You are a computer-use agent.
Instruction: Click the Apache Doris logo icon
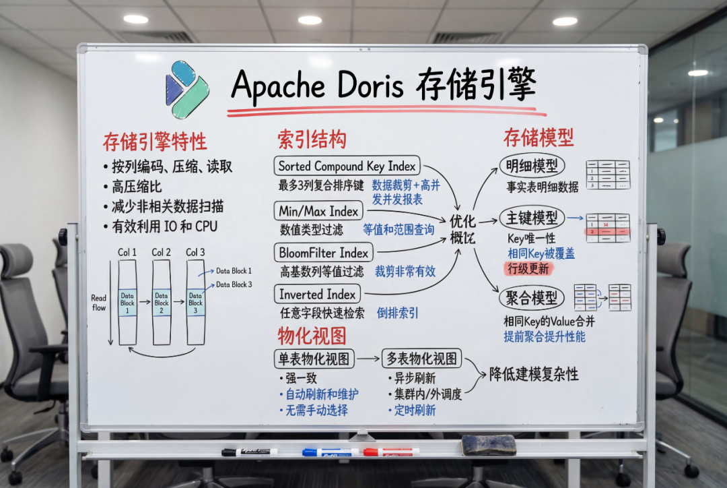click(x=187, y=89)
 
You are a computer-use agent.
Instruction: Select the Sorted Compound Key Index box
click(x=347, y=166)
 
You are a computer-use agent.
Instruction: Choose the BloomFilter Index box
click(x=324, y=253)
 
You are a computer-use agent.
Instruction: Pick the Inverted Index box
click(x=317, y=294)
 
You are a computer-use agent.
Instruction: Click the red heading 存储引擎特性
click(x=155, y=142)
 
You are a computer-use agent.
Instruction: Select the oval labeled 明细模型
click(x=532, y=166)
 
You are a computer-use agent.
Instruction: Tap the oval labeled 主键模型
click(x=531, y=218)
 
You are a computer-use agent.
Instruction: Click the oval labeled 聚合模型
click(x=531, y=297)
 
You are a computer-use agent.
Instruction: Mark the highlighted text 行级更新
click(x=528, y=268)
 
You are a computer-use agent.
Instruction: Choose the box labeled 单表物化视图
click(x=314, y=359)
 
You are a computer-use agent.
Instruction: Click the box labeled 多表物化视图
click(x=421, y=359)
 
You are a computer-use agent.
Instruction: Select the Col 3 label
click(x=195, y=252)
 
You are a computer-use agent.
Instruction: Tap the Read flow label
click(x=99, y=302)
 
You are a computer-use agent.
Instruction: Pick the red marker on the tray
click(x=390, y=452)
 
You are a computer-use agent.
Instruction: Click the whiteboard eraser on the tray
click(x=488, y=445)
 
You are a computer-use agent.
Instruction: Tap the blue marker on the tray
click(x=330, y=452)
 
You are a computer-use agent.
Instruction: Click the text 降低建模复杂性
click(x=534, y=374)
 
